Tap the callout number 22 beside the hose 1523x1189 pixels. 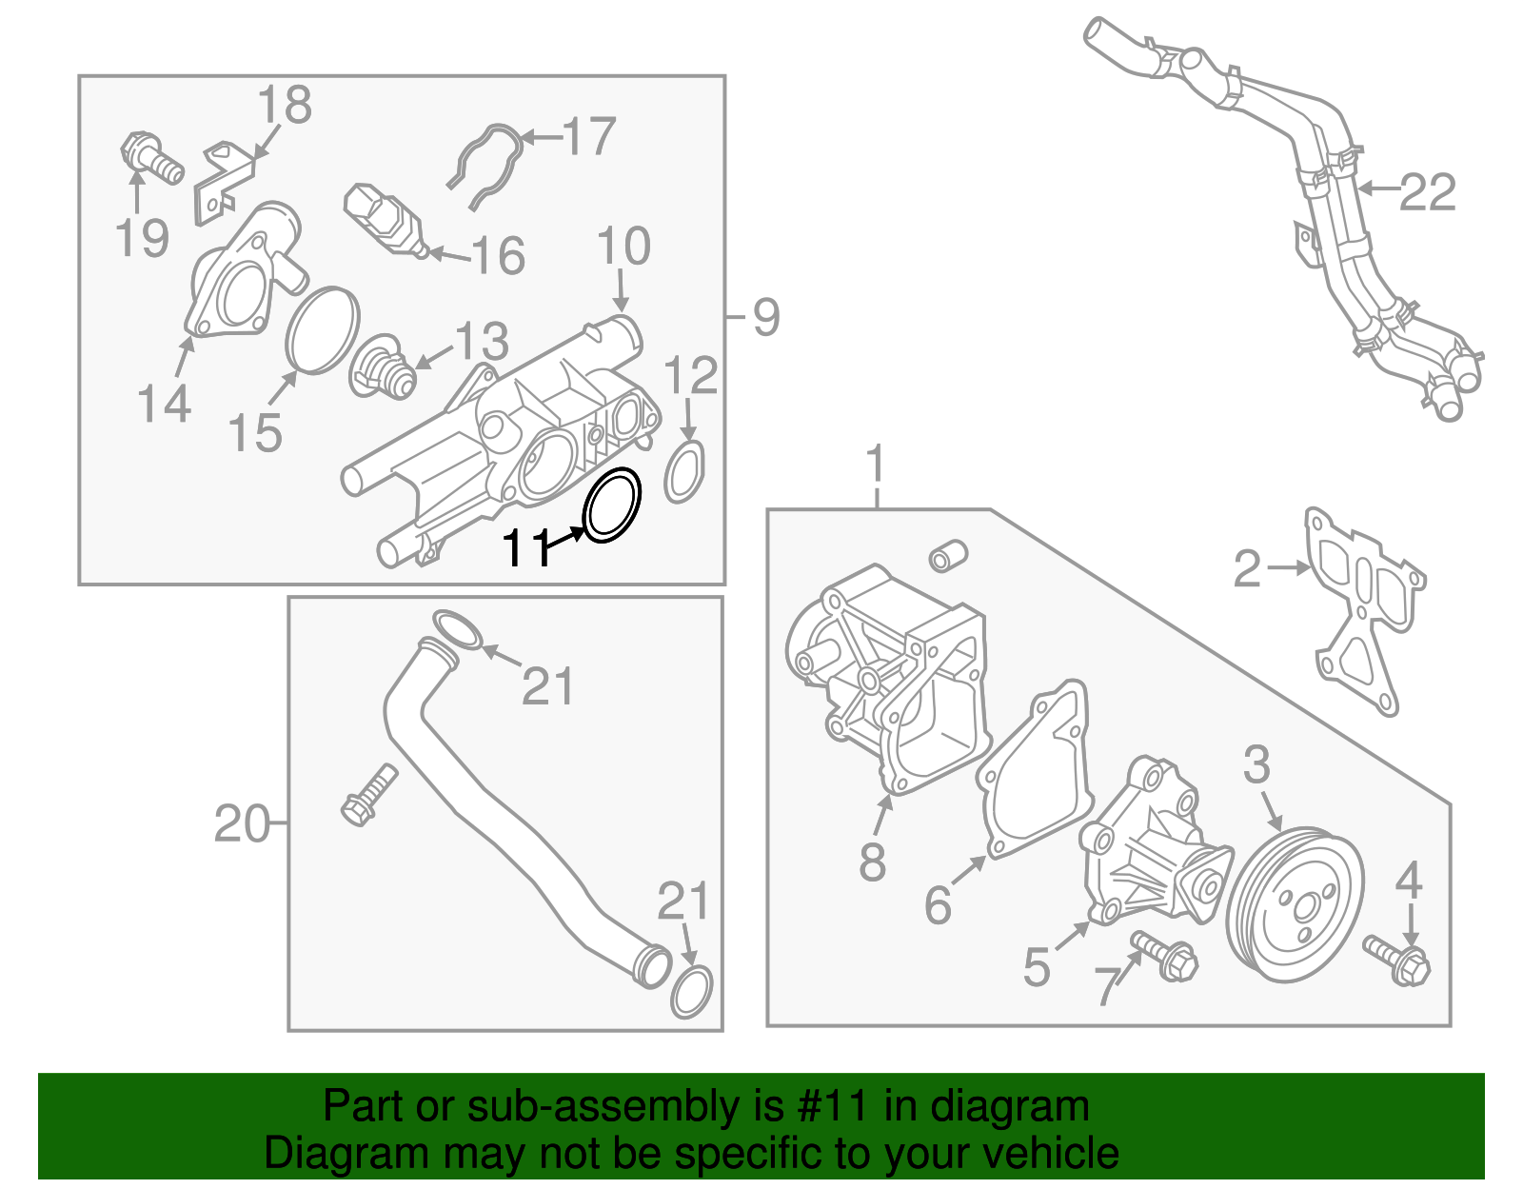click(1427, 193)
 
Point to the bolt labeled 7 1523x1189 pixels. click(1166, 956)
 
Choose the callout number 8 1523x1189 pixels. click(871, 862)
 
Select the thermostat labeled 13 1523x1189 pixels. click(383, 369)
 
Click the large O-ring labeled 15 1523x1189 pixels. click(322, 329)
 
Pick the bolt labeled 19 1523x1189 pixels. click(151, 160)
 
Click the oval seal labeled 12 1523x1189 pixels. click(684, 471)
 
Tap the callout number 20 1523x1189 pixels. click(241, 823)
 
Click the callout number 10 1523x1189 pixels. click(623, 247)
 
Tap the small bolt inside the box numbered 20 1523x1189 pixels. click(368, 794)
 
